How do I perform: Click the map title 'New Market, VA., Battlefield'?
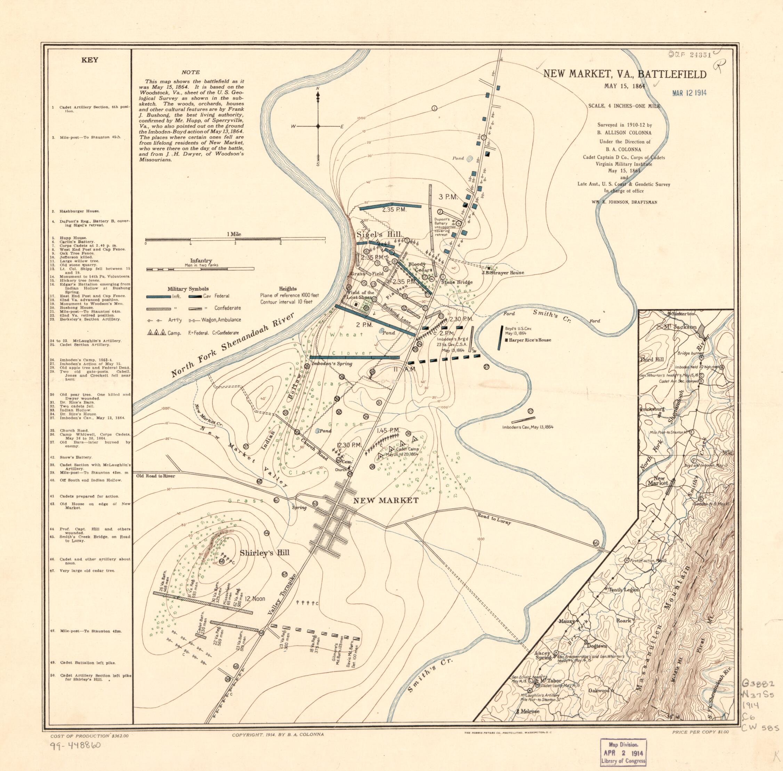pyautogui.click(x=624, y=74)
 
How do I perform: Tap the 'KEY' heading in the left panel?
pyautogui.click(x=90, y=60)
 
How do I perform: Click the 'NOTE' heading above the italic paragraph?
pyautogui.click(x=191, y=73)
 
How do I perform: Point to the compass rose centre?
pyautogui.click(x=318, y=127)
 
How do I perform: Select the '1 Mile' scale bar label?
pyautogui.click(x=234, y=234)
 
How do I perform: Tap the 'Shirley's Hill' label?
pyautogui.click(x=264, y=553)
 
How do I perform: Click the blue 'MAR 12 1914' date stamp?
pyautogui.click(x=689, y=92)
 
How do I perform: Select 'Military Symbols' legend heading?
pyautogui.click(x=188, y=289)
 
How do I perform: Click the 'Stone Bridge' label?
pyautogui.click(x=457, y=282)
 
